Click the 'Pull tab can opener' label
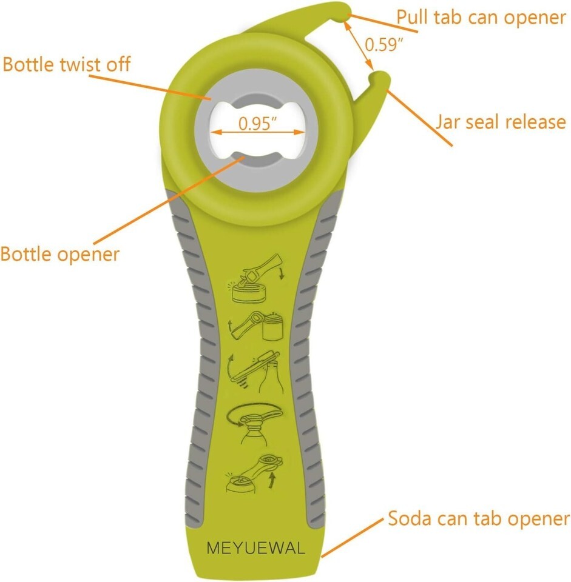(x=481, y=18)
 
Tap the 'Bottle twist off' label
(x=67, y=64)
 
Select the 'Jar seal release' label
(x=501, y=122)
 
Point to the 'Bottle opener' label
(x=60, y=255)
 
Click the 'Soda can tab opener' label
(x=479, y=518)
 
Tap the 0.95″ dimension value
(x=258, y=123)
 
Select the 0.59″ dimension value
(x=383, y=44)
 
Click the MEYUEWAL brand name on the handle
(x=255, y=548)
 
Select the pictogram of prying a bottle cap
(x=255, y=372)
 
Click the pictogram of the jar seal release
(x=256, y=326)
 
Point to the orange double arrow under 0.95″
(x=258, y=132)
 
